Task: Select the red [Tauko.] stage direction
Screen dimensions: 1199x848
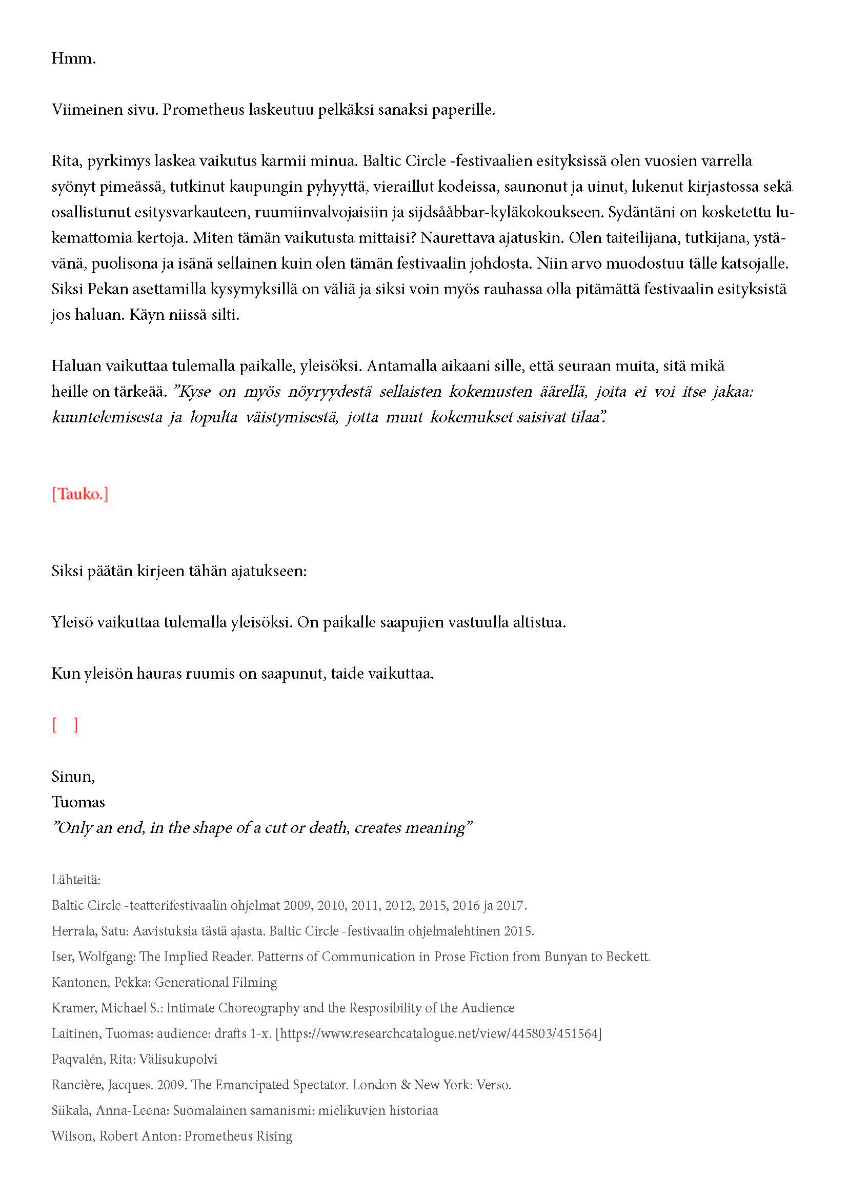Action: tap(80, 494)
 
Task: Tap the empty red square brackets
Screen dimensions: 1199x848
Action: tap(65, 725)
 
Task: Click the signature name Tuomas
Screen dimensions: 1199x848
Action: tap(78, 802)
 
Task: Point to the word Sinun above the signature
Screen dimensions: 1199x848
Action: tap(73, 777)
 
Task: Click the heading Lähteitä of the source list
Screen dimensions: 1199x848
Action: tap(76, 880)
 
